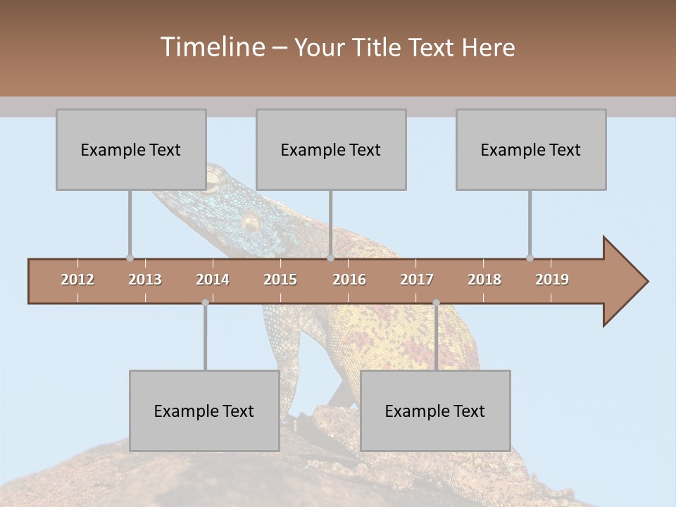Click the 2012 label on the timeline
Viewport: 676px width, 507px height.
click(77, 280)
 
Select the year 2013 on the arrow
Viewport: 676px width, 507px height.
click(145, 280)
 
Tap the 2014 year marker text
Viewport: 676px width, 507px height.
click(213, 280)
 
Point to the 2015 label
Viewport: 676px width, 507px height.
click(280, 280)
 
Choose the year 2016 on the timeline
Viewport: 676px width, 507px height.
click(349, 280)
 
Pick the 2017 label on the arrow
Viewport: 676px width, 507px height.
click(417, 280)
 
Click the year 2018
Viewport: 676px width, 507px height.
click(484, 280)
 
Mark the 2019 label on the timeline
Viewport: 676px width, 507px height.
click(552, 280)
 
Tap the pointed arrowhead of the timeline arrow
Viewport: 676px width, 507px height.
click(627, 282)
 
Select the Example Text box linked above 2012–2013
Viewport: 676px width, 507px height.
click(131, 149)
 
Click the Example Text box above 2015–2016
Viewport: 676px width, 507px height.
click(331, 149)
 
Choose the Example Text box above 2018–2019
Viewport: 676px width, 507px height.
click(531, 149)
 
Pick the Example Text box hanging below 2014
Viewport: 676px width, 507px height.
click(204, 411)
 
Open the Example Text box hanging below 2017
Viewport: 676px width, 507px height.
click(435, 411)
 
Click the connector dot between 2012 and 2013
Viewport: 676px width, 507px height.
click(130, 258)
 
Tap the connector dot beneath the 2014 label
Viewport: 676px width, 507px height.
click(205, 303)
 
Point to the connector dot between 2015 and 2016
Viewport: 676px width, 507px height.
click(330, 258)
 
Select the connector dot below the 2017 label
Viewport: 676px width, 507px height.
click(436, 303)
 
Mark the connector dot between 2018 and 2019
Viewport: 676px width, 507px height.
click(530, 258)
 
